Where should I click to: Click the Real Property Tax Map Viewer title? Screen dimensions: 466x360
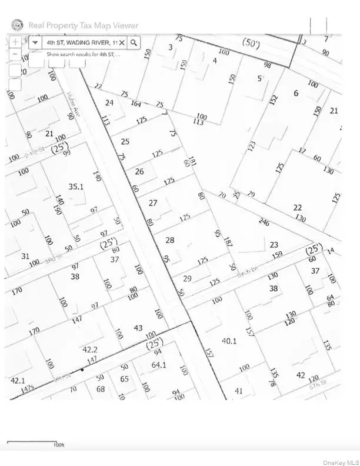click(84, 25)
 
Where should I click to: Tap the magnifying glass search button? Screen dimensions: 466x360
click(134, 42)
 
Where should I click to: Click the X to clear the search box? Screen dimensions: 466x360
click(122, 42)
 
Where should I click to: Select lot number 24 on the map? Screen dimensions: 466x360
click(109, 102)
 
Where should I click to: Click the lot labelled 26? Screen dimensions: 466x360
click(139, 172)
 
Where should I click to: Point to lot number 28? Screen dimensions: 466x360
click(170, 240)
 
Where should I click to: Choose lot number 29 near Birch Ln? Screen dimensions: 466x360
click(187, 278)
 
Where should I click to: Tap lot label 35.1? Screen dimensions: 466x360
click(76, 187)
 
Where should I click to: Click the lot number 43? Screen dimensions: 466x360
click(138, 328)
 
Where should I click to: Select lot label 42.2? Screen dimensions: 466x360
click(89, 349)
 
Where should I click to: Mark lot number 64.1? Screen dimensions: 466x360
click(159, 365)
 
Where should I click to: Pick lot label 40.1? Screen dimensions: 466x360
click(229, 341)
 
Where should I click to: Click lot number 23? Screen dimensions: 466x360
click(274, 245)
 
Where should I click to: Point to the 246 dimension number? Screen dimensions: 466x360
click(264, 222)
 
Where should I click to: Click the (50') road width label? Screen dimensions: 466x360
click(252, 42)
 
